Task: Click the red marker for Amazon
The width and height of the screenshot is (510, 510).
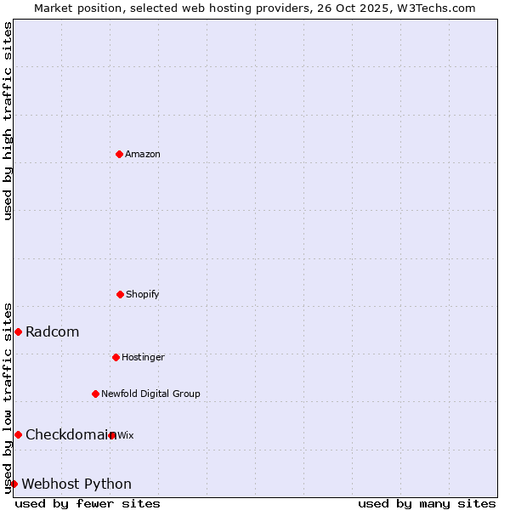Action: pyautogui.click(x=119, y=154)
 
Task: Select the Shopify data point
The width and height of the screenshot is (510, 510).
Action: pyautogui.click(x=120, y=294)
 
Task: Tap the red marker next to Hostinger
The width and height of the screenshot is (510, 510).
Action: pyautogui.click(x=116, y=357)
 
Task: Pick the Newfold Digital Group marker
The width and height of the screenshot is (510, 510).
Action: pyautogui.click(x=95, y=394)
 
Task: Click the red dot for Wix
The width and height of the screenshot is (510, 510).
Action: pyautogui.click(x=112, y=435)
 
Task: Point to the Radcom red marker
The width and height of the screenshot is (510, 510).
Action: pyautogui.click(x=18, y=331)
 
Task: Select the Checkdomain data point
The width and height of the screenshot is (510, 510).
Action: pyautogui.click(x=18, y=434)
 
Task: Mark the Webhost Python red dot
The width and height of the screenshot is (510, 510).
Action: pyautogui.click(x=14, y=484)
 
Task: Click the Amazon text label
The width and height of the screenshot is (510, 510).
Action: pyautogui.click(x=143, y=155)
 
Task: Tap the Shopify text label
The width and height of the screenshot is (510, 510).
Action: pyautogui.click(x=143, y=295)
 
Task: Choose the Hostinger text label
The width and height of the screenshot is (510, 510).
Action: pyautogui.click(x=143, y=358)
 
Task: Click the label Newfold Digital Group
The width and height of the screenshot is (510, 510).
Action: pyautogui.click(x=150, y=394)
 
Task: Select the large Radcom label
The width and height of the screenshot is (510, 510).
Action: pyautogui.click(x=53, y=332)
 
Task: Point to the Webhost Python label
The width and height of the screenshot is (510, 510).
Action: pyautogui.click(x=76, y=484)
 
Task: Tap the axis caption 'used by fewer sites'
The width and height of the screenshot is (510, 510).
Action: pyautogui.click(x=88, y=503)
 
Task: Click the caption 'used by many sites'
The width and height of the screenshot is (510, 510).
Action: pyautogui.click(x=427, y=503)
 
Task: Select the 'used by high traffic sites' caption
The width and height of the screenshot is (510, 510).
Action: pyautogui.click(x=8, y=121)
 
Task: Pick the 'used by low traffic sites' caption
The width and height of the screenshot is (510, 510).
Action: pyautogui.click(x=8, y=398)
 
